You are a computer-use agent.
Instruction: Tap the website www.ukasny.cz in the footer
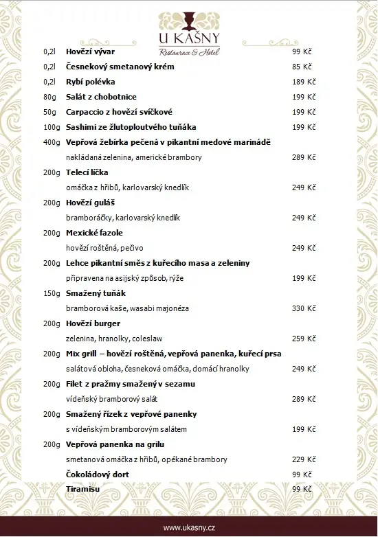click(x=189, y=527)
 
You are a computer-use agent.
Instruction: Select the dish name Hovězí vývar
click(x=90, y=52)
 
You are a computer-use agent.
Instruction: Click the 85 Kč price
click(x=302, y=67)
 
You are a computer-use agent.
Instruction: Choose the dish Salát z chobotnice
click(x=101, y=98)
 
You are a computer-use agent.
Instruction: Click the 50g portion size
click(x=49, y=113)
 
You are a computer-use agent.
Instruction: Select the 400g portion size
click(x=52, y=143)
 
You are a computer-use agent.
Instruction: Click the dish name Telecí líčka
click(x=87, y=172)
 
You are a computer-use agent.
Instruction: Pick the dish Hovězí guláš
click(x=89, y=203)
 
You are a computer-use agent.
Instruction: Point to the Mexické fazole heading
click(x=94, y=233)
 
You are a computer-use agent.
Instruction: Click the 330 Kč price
click(x=303, y=308)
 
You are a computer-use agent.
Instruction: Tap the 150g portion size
click(x=52, y=293)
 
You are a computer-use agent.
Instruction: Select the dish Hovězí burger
click(x=93, y=323)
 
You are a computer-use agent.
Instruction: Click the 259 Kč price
click(x=303, y=339)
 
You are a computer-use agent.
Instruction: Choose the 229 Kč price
click(x=303, y=459)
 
